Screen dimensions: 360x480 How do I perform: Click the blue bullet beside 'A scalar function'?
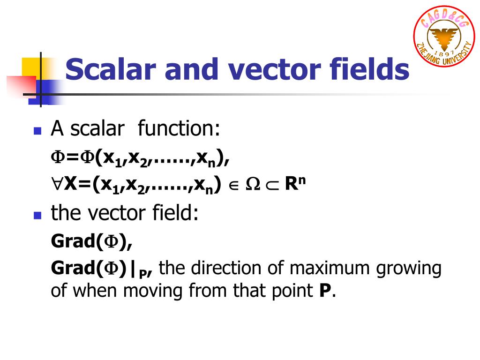click(x=38, y=131)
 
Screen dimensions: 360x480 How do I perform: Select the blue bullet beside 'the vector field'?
click(x=38, y=215)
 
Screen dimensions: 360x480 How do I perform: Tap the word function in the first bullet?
click(x=179, y=128)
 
